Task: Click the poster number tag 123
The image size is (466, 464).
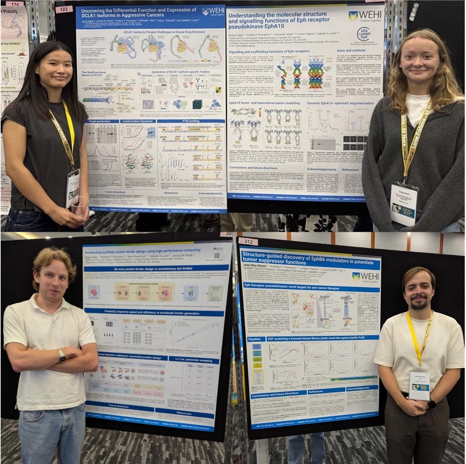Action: (x=63, y=9)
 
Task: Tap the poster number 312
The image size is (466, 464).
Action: (x=248, y=242)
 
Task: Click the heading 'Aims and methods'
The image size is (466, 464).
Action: (x=351, y=50)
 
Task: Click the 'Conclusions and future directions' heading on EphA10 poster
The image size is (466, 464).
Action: (x=254, y=168)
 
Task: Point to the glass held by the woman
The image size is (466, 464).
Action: (x=79, y=210)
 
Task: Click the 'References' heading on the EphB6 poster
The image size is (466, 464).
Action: (x=316, y=392)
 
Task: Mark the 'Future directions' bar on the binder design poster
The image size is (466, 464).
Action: (x=119, y=406)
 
